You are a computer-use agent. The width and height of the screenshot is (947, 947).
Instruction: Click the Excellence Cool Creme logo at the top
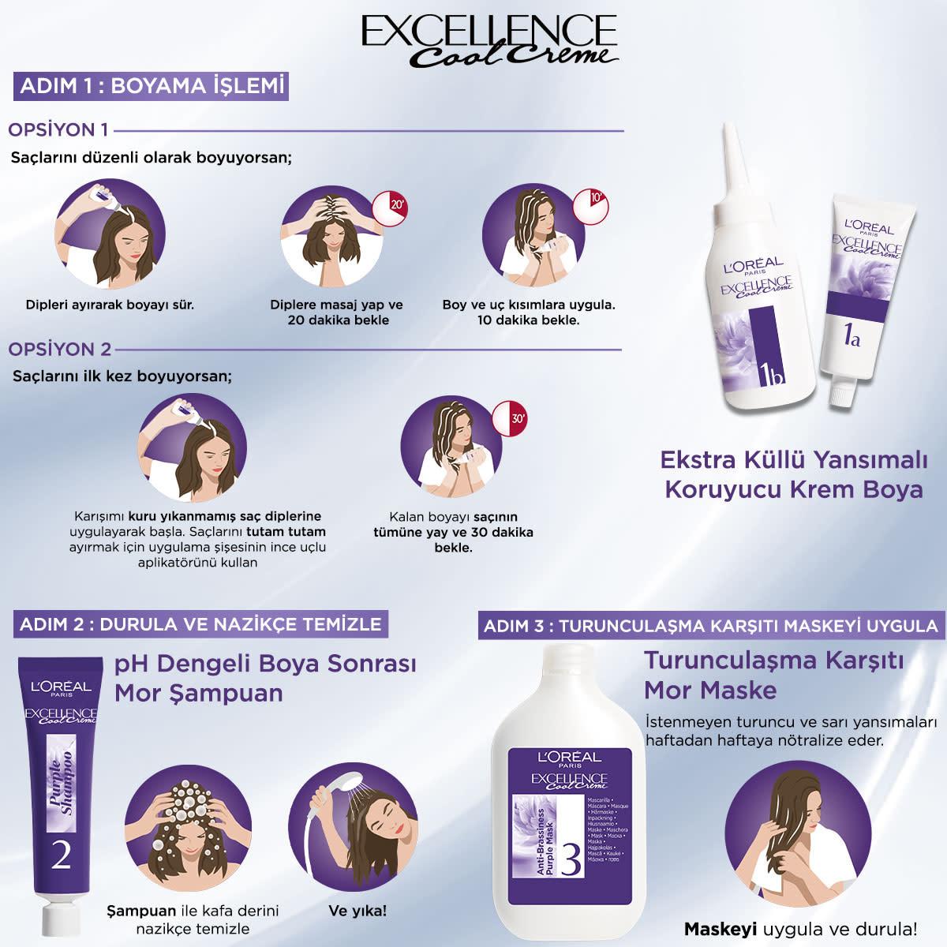tap(488, 39)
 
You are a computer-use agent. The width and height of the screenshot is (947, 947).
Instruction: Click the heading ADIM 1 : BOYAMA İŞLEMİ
tap(151, 85)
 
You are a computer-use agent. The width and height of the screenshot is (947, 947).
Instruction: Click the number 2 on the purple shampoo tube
tap(61, 854)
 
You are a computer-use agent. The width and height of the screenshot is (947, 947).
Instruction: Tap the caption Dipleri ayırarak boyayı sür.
tap(110, 304)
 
